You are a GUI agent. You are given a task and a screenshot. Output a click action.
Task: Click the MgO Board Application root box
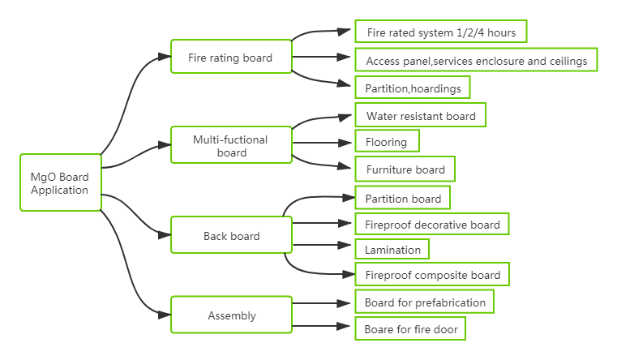61,182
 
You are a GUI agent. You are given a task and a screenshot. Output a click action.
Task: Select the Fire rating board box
231,56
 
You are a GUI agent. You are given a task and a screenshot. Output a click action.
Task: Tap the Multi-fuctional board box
231,145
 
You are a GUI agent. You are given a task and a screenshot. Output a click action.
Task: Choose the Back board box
231,235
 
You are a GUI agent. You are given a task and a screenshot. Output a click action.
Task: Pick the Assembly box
231,315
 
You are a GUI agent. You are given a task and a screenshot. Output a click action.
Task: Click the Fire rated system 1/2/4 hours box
441,32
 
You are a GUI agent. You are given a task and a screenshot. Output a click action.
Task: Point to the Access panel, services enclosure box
476,60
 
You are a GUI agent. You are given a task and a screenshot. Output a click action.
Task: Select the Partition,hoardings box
413,88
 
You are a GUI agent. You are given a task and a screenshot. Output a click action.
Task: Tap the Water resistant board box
420,115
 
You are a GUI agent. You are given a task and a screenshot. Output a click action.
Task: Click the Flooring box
387,141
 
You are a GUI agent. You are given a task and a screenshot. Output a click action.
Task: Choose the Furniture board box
405,169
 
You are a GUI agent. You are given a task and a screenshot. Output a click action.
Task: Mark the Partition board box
402,198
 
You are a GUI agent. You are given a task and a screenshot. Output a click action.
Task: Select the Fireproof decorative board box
431,224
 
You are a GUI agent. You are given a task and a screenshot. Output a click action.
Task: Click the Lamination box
392,249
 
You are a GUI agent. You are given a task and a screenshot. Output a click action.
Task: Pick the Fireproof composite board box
432,274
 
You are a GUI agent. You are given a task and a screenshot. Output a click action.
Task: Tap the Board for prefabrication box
424,302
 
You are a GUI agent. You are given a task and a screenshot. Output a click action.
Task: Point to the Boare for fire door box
410,328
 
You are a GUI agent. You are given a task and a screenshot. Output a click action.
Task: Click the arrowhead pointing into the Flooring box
345,143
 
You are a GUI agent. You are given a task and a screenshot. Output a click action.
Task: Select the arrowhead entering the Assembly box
165,315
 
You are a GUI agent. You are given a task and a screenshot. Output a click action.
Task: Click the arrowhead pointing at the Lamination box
345,245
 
